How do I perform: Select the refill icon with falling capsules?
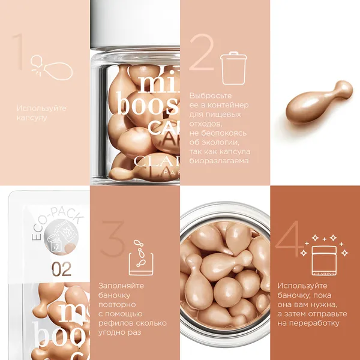click(x=140, y=257)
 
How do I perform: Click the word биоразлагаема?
click(x=219, y=161)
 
